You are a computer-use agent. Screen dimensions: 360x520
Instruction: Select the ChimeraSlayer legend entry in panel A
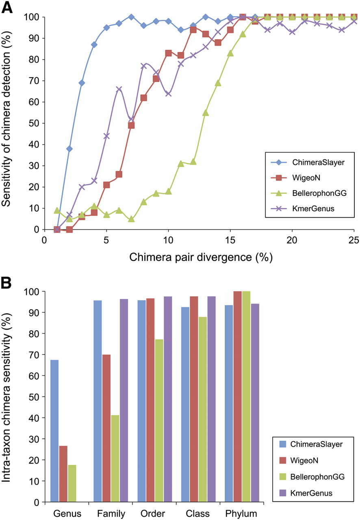click(308, 162)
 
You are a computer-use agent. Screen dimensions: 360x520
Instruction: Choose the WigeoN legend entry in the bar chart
click(299, 460)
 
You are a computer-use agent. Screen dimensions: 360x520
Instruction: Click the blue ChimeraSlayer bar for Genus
click(54, 431)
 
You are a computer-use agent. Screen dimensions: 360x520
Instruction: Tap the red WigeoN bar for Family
click(106, 429)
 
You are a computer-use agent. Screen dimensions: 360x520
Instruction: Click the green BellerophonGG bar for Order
click(159, 421)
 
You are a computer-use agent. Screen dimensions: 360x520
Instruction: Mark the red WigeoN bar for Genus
click(63, 474)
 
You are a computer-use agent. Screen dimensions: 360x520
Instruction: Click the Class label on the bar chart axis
click(197, 513)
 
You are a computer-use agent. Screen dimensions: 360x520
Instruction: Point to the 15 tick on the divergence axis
click(230, 240)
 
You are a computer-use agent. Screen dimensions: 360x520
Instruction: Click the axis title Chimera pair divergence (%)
click(201, 257)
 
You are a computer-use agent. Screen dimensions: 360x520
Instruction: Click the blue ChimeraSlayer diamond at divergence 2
click(69, 149)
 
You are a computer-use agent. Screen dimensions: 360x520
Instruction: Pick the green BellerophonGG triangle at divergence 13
click(206, 113)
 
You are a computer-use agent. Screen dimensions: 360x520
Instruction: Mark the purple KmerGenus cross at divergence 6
click(119, 89)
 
